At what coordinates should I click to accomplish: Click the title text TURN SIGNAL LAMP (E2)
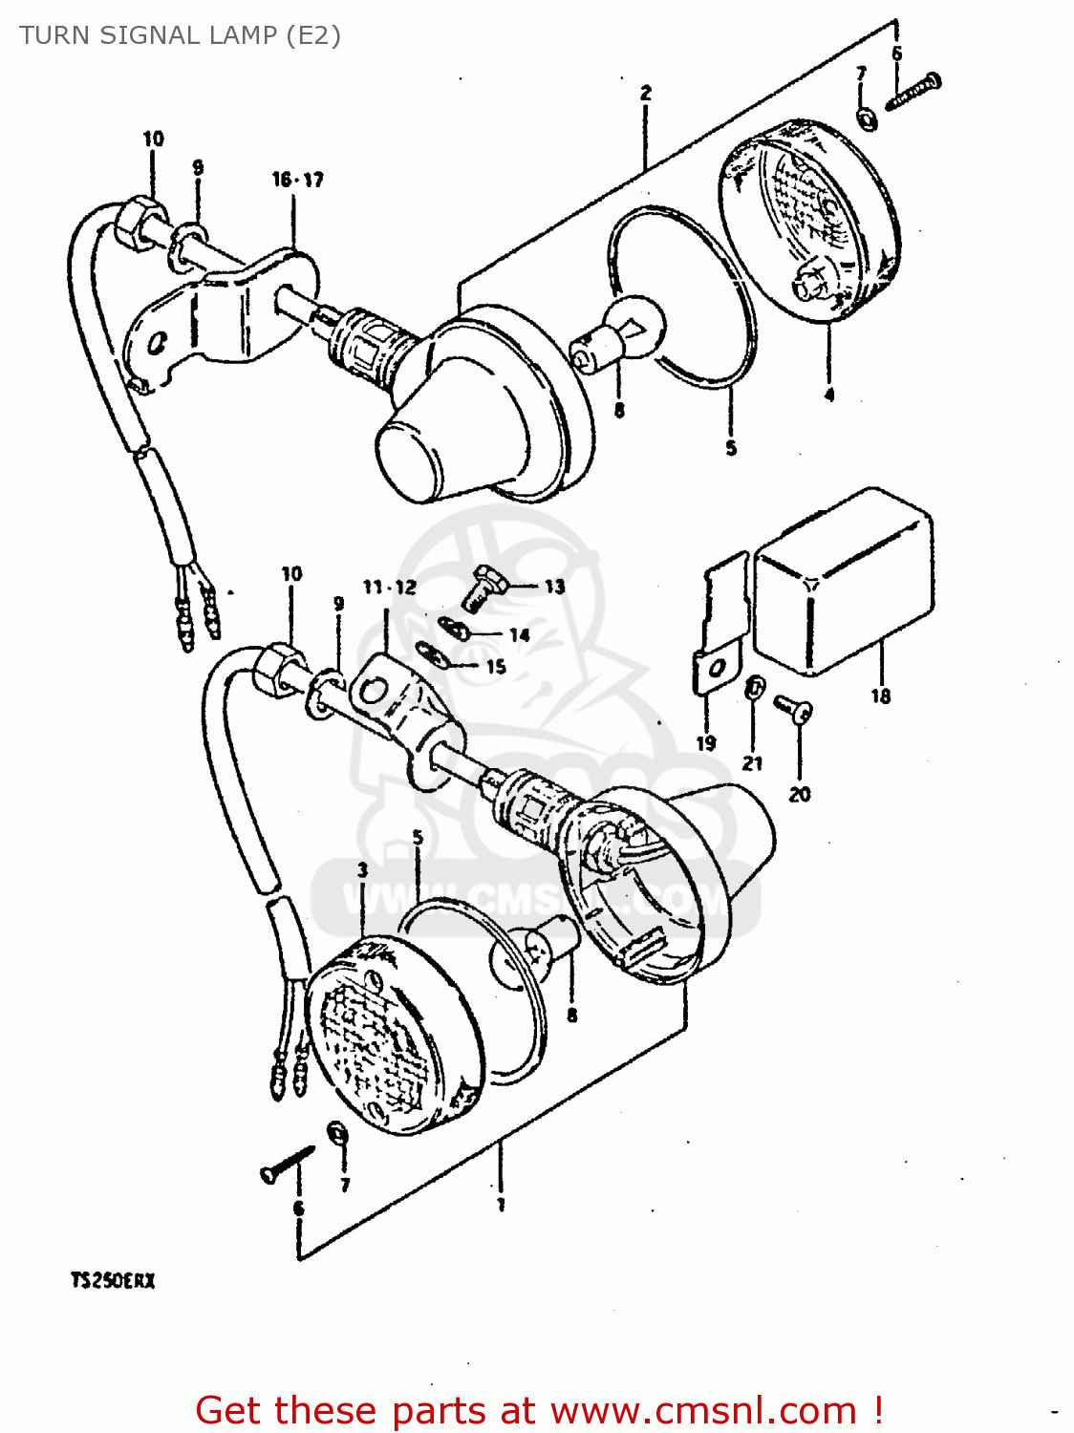(180, 35)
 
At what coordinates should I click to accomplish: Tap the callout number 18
(880, 696)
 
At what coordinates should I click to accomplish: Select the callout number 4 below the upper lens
(828, 395)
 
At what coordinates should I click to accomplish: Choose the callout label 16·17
(297, 180)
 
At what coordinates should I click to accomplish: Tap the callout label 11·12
(389, 587)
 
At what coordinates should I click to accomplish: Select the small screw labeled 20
(795, 708)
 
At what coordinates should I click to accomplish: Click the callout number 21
(753, 762)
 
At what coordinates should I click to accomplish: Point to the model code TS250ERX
(112, 1280)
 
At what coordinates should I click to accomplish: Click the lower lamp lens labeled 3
(392, 1037)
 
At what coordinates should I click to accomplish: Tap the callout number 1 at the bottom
(500, 1206)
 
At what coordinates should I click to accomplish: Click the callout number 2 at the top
(646, 93)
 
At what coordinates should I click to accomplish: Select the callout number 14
(519, 635)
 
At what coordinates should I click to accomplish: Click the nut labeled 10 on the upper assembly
(137, 221)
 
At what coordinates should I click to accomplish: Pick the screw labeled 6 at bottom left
(286, 1163)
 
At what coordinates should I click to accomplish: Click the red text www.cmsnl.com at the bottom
(703, 1410)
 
